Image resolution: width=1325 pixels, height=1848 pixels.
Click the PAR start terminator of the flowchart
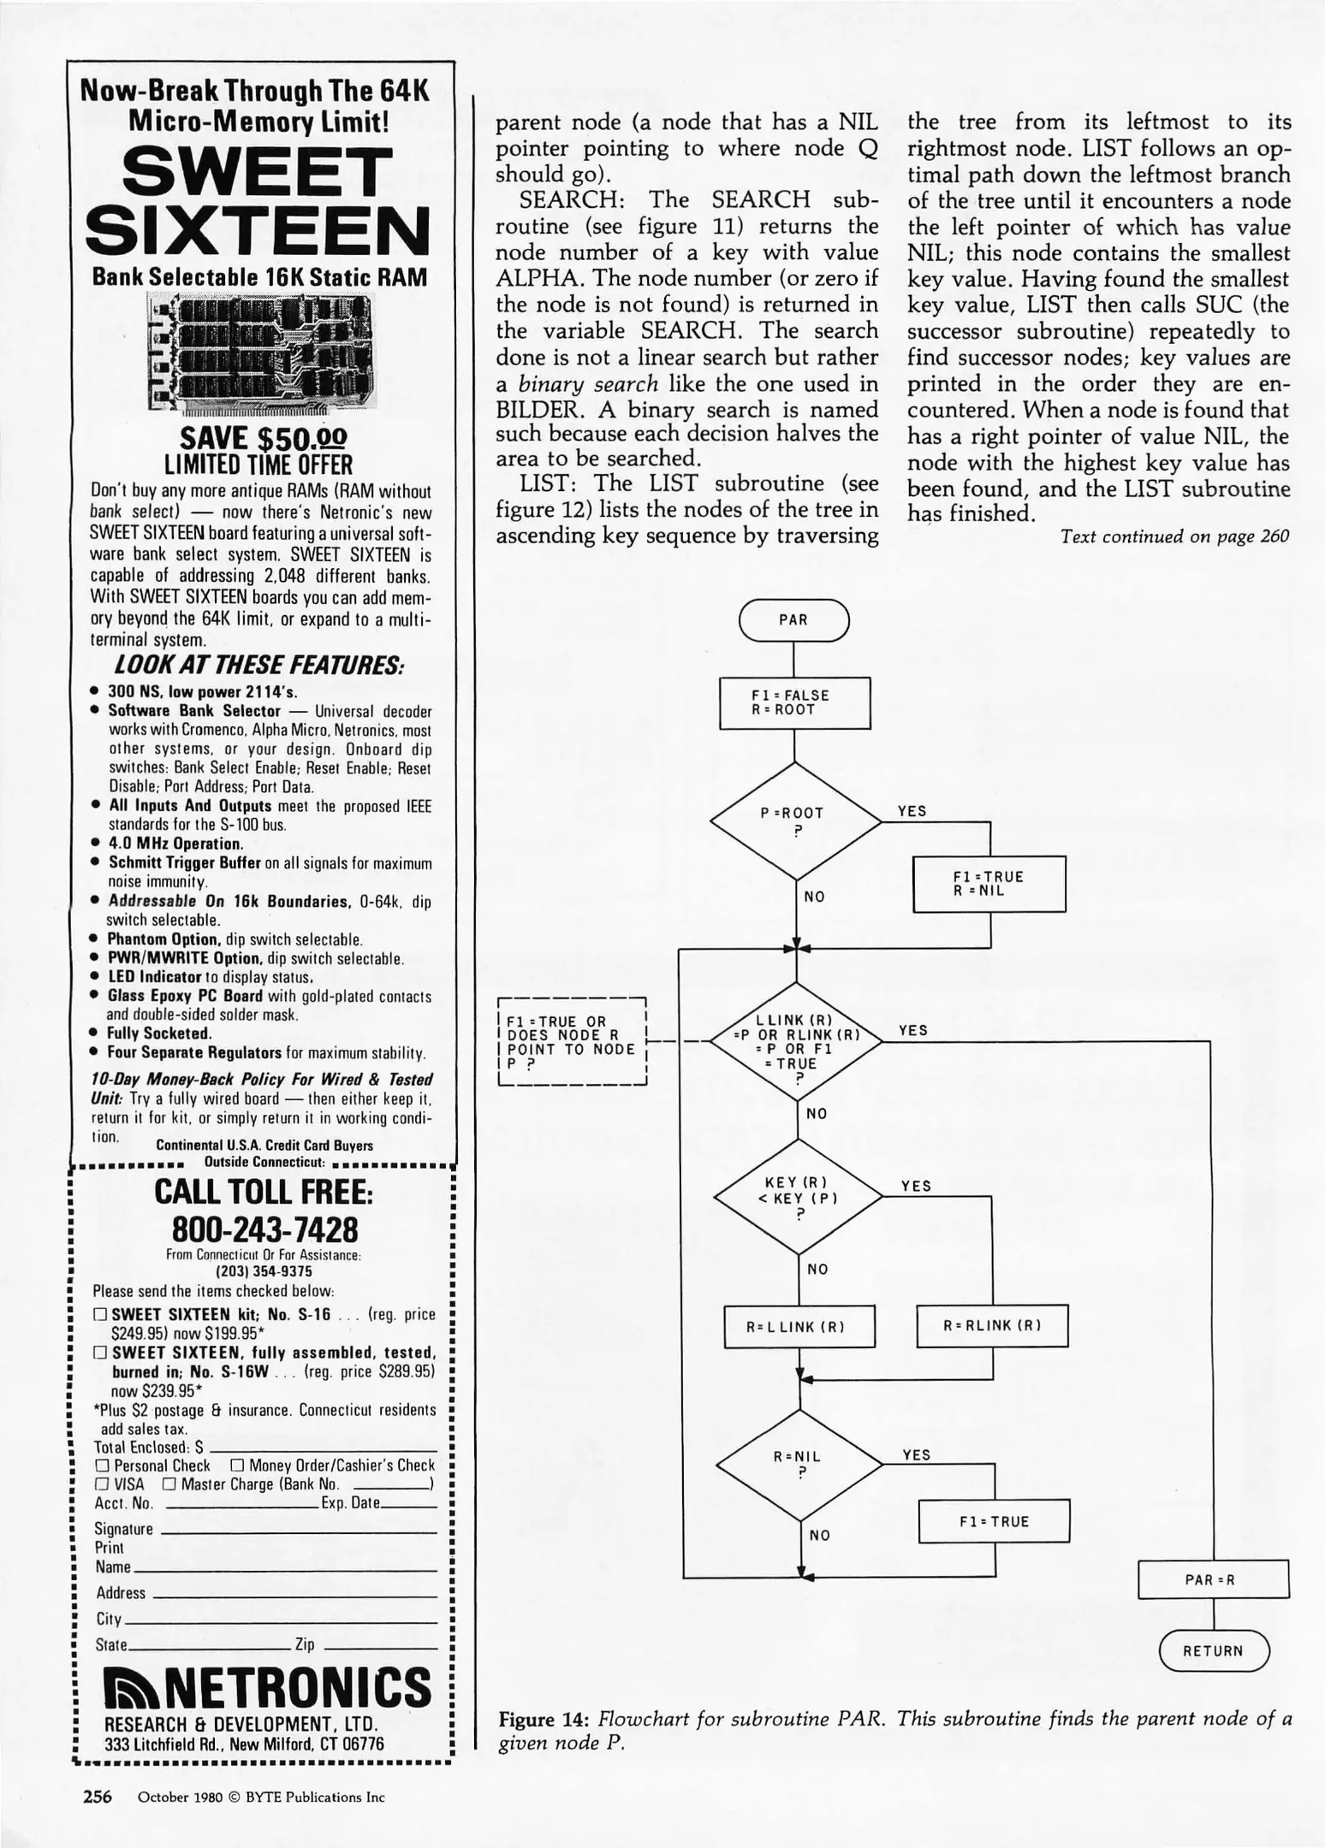(793, 620)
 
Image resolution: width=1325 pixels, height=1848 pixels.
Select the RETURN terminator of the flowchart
(1213, 1650)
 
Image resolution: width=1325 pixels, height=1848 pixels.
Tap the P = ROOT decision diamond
(795, 820)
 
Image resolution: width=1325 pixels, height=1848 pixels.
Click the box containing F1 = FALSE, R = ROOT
(794, 702)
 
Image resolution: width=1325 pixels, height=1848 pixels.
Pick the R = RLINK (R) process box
(992, 1325)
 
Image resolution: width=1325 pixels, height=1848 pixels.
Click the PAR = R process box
(1212, 1579)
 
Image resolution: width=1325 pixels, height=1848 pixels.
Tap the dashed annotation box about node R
(571, 1042)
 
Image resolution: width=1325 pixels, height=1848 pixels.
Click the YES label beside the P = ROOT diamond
(912, 811)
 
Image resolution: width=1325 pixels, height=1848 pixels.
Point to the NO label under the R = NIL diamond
(819, 1535)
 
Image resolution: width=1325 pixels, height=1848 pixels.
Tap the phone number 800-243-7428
(264, 1229)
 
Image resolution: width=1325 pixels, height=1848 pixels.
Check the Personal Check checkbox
(101, 1466)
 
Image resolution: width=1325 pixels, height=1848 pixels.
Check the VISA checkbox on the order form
(101, 1484)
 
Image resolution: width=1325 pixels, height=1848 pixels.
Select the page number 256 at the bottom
(97, 1797)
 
